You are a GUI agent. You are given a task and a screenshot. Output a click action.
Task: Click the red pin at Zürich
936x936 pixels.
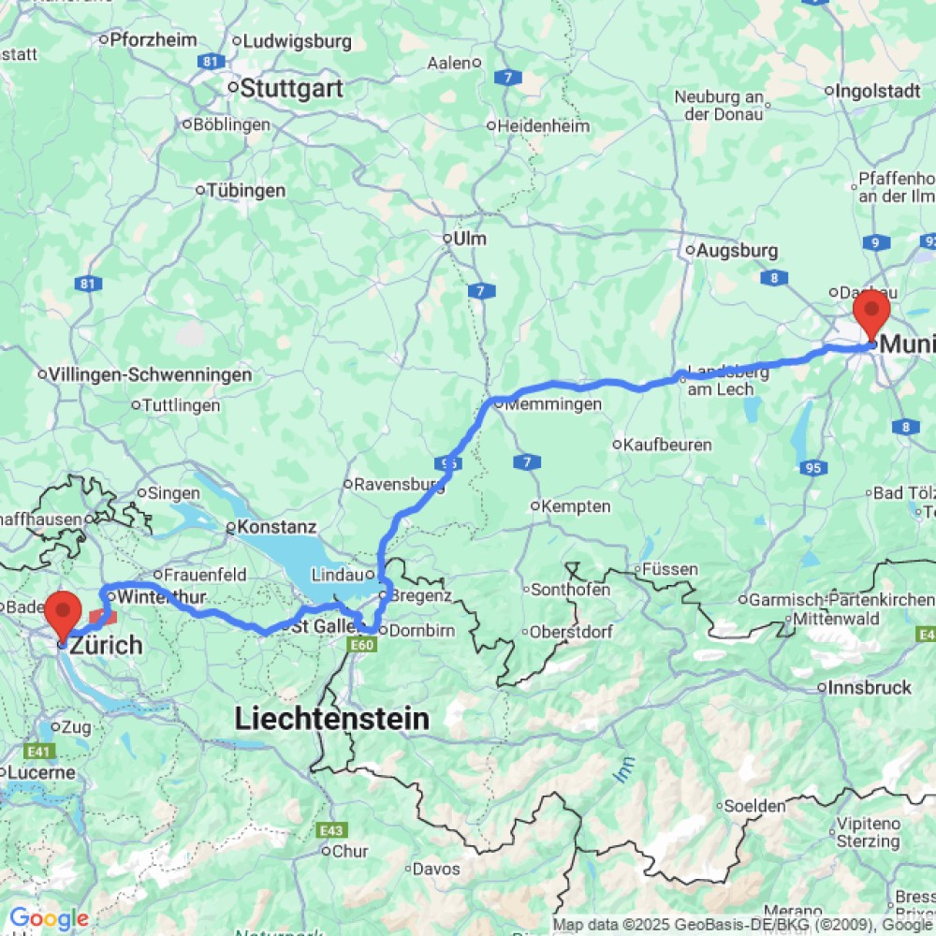(64, 613)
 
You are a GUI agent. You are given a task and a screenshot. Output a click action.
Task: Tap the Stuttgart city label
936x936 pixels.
(292, 89)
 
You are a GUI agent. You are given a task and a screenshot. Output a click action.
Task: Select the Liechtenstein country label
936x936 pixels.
(331, 719)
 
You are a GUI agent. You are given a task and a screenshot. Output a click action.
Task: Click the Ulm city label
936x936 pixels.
(468, 239)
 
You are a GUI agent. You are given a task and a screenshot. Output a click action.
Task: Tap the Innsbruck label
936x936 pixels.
(870, 688)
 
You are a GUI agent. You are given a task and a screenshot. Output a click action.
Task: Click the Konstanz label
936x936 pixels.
(277, 527)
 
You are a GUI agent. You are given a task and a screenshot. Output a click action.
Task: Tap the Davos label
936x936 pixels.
(436, 869)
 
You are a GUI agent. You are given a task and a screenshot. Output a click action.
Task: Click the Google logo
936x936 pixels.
(48, 918)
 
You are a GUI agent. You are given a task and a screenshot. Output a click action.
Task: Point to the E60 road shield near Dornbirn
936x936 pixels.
(363, 645)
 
